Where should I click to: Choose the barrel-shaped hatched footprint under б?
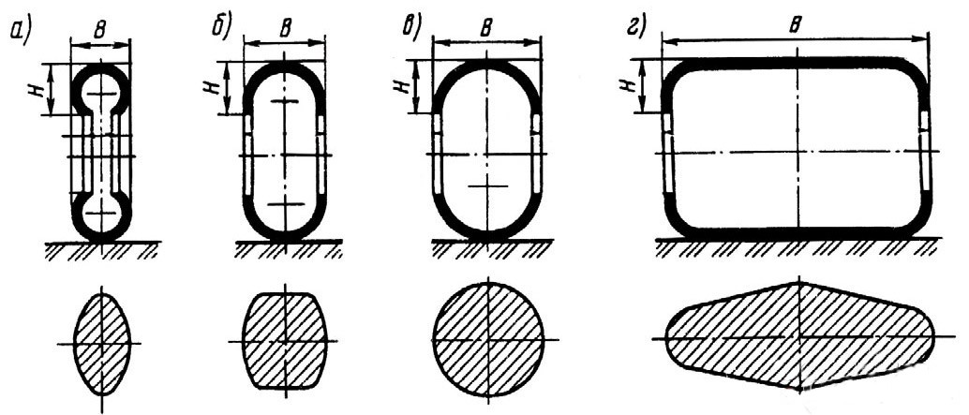tap(284, 339)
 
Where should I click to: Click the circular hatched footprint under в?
tap(487, 337)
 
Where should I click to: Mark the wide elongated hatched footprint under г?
tap(798, 334)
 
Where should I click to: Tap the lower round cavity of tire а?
tap(100, 215)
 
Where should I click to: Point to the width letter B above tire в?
tap(486, 29)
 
